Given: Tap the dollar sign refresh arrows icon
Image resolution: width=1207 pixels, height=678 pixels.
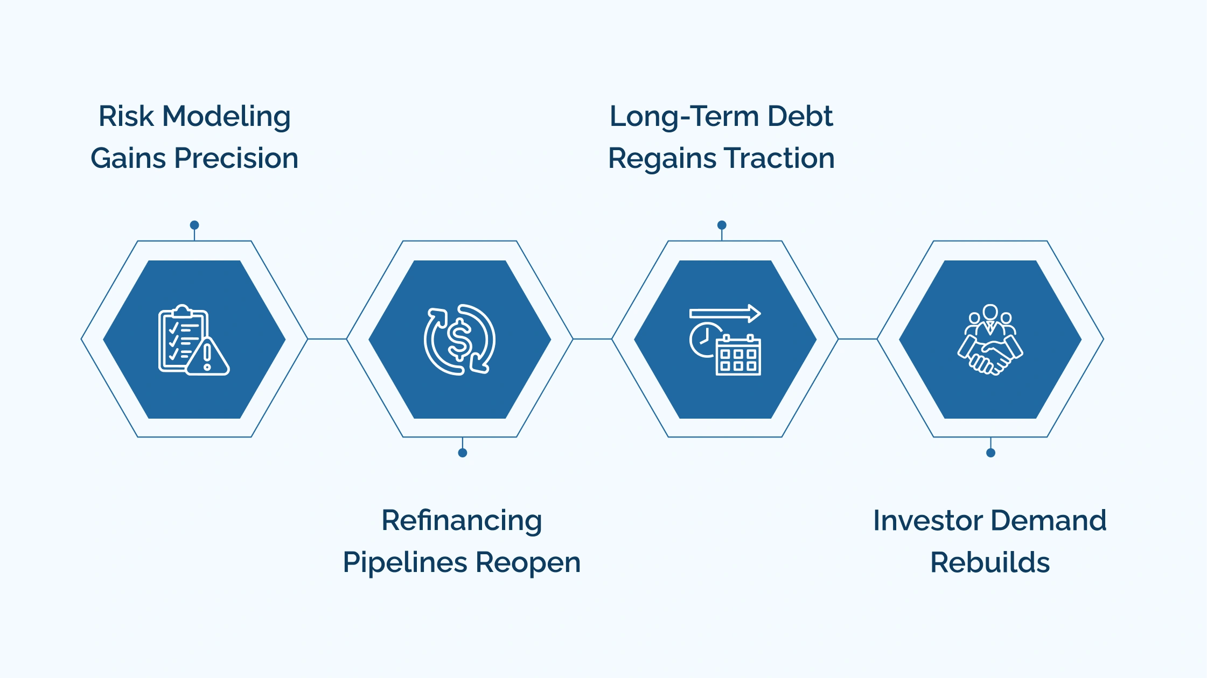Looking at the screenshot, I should tap(459, 340).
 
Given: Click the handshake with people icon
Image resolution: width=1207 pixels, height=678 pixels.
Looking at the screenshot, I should tap(990, 340).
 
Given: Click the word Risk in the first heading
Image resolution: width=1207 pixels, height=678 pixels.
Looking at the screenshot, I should tap(126, 116).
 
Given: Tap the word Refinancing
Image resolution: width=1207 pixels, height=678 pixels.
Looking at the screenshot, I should tap(462, 521).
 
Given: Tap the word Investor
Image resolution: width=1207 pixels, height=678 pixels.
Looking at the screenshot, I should tap(928, 521).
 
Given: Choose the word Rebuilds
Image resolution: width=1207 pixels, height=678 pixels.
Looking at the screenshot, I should tap(990, 563).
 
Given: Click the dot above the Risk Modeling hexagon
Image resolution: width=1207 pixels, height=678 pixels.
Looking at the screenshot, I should tap(194, 225).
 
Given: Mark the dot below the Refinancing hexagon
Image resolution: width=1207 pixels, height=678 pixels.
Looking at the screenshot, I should tap(462, 453).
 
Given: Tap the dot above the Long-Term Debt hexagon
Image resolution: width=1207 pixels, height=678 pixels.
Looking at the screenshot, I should tap(722, 225).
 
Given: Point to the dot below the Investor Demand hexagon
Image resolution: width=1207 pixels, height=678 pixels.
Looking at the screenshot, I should tap(990, 453).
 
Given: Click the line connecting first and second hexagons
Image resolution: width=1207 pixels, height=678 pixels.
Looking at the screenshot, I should tap(327, 339).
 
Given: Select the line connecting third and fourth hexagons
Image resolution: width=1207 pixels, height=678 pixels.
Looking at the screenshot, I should tap(857, 339).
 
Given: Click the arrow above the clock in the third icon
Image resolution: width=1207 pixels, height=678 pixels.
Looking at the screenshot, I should tap(725, 313).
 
